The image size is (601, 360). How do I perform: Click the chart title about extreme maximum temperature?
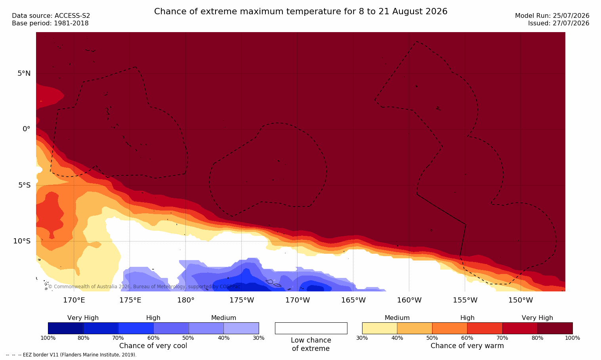click(x=300, y=11)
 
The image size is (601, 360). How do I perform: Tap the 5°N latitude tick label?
click(x=24, y=73)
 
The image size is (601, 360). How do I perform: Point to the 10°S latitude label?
click(x=22, y=241)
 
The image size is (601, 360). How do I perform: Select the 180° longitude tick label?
click(x=186, y=300)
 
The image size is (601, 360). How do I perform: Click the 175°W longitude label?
click(x=242, y=300)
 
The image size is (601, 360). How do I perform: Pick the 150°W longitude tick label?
click(x=521, y=300)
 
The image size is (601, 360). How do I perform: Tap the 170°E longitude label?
click(x=74, y=300)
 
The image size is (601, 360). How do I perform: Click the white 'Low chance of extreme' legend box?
click(x=311, y=328)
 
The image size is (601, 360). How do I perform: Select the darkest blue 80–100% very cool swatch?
click(x=65, y=328)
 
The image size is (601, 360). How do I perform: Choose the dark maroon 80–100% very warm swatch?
click(x=555, y=328)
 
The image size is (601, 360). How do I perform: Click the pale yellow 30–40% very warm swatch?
click(x=380, y=328)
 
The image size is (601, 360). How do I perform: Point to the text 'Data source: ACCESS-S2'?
click(x=51, y=16)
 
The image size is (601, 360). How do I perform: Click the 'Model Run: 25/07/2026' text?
click(x=552, y=16)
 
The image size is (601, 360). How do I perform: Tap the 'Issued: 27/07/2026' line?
click(x=559, y=23)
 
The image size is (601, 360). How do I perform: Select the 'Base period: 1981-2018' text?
click(x=50, y=23)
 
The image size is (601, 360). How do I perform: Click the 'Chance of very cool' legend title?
click(x=153, y=346)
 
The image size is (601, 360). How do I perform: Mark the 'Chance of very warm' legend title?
click(x=467, y=346)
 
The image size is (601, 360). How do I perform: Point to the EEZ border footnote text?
click(x=71, y=354)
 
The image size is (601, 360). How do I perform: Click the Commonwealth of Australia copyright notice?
click(x=144, y=286)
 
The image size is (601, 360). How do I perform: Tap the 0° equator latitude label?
click(x=26, y=129)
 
